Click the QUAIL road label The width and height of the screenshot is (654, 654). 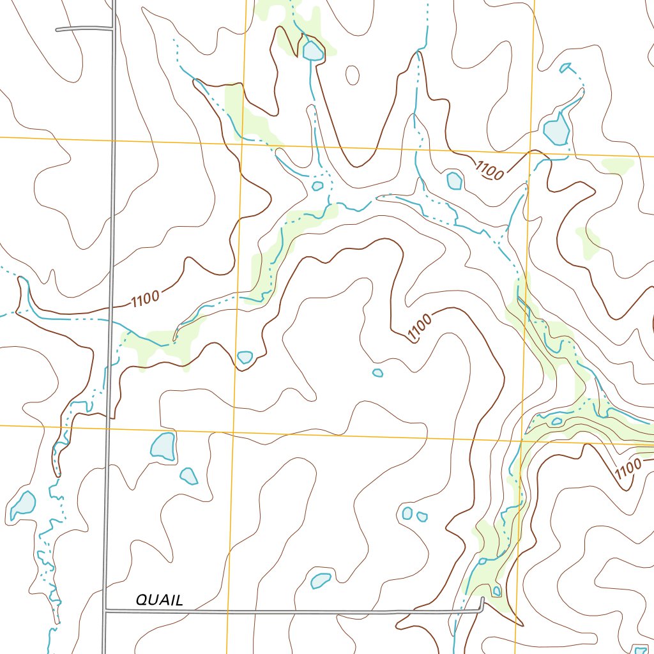point(159,600)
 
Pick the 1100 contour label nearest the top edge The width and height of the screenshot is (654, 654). point(490,170)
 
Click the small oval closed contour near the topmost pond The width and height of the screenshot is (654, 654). point(352,75)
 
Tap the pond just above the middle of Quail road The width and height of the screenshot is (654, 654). point(320,580)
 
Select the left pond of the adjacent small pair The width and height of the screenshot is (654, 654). point(407,513)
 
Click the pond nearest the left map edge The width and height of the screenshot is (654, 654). point(24,505)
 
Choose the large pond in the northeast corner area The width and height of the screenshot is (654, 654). point(556,130)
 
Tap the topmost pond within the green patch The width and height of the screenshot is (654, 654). point(313,51)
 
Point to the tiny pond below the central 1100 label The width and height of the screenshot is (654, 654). point(377,372)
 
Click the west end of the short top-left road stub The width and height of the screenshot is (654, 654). point(57,29)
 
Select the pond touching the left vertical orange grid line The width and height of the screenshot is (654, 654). point(245,357)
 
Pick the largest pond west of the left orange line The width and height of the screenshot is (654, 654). point(163,446)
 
